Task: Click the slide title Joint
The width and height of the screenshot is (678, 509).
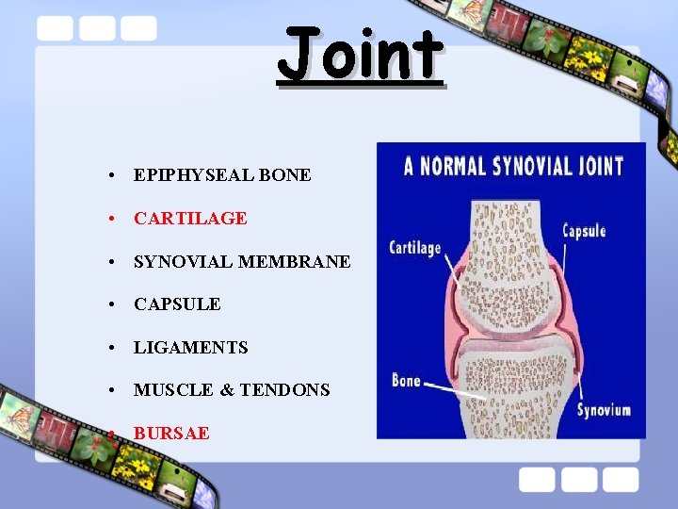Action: pyautogui.click(x=360, y=54)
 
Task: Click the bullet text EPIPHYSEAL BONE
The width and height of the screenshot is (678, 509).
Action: pyautogui.click(x=222, y=174)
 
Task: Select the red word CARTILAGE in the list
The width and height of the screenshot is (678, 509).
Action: pyautogui.click(x=190, y=218)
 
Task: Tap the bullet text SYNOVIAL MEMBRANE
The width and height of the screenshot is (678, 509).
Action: pyautogui.click(x=242, y=261)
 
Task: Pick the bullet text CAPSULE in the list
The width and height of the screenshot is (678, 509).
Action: pyautogui.click(x=177, y=304)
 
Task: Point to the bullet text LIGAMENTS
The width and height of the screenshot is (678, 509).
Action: pyautogui.click(x=191, y=347)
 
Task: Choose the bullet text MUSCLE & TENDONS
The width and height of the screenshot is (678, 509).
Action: pyautogui.click(x=232, y=389)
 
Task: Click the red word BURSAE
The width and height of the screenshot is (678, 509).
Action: pyautogui.click(x=171, y=433)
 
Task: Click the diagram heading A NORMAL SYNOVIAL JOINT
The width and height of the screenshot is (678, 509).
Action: pyautogui.click(x=513, y=167)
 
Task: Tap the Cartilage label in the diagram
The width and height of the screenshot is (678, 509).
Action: pyautogui.click(x=415, y=248)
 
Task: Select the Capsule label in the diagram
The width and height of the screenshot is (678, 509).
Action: pyautogui.click(x=584, y=231)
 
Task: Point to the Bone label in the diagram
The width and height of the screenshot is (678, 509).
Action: pyautogui.click(x=406, y=381)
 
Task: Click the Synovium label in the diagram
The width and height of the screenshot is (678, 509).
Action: pyautogui.click(x=604, y=410)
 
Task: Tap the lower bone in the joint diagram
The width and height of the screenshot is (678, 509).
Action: pyautogui.click(x=513, y=386)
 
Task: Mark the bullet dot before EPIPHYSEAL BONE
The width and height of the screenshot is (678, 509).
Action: pyautogui.click(x=111, y=175)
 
